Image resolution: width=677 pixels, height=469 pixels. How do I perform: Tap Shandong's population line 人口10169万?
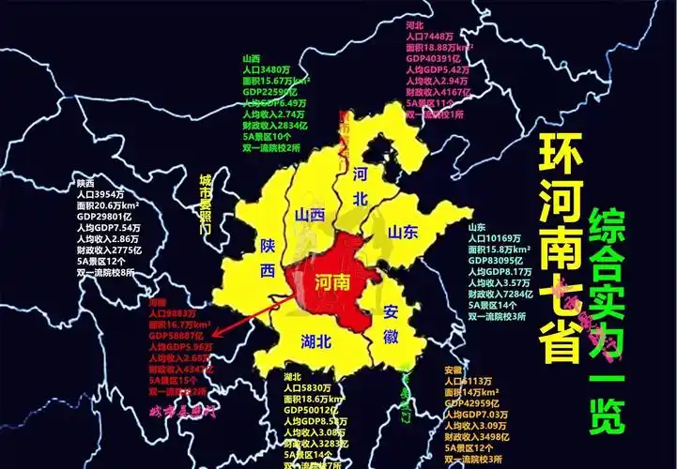(x=501, y=238)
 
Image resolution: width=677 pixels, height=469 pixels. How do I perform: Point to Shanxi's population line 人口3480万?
(x=266, y=69)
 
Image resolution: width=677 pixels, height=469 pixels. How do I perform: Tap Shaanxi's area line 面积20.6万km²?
(x=108, y=204)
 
